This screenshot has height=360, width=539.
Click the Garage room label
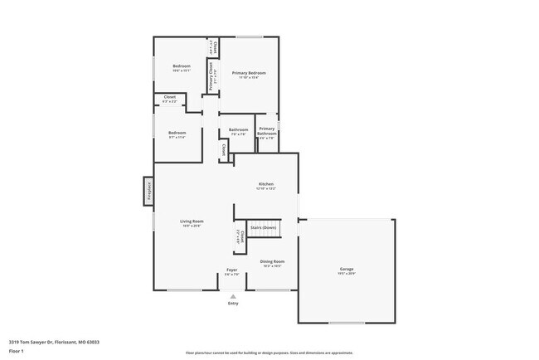click(347, 270)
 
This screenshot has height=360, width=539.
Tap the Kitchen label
click(266, 184)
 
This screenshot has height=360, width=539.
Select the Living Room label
click(192, 221)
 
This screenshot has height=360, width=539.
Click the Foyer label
click(232, 270)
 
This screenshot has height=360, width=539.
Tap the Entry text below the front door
click(232, 303)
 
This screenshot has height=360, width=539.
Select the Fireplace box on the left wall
click(149, 190)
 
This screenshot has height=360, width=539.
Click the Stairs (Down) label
click(264, 226)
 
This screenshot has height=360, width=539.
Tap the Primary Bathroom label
click(266, 131)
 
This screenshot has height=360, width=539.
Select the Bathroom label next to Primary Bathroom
click(239, 129)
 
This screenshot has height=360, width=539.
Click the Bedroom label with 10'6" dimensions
click(182, 66)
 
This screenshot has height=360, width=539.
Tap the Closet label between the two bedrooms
click(169, 97)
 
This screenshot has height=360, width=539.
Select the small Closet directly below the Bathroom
click(223, 151)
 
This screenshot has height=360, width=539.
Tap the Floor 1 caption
click(17, 351)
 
